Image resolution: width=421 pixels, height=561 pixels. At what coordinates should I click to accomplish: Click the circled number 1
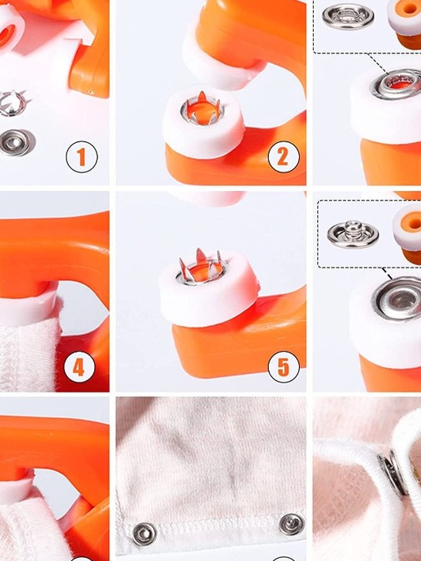coord(82,157)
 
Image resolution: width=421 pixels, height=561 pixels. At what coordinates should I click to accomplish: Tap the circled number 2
coord(283,156)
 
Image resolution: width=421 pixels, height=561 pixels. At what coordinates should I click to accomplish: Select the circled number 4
coord(79,367)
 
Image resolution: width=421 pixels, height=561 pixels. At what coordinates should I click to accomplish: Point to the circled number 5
coord(283,367)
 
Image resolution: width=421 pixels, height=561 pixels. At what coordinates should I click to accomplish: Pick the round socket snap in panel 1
coord(16,143)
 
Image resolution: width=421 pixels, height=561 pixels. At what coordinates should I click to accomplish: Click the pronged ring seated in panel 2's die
coord(202,109)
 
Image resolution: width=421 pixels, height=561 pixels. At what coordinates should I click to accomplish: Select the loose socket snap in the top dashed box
coord(348,16)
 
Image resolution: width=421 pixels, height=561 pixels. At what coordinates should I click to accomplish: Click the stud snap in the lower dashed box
coord(353,234)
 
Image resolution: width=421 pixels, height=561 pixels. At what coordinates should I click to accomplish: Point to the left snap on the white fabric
coord(144,534)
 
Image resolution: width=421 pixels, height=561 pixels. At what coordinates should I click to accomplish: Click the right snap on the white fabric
coord(292,524)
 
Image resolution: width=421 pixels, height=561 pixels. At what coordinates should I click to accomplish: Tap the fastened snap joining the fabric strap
coord(393,473)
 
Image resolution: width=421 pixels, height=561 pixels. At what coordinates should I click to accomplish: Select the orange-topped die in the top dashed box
coord(405,23)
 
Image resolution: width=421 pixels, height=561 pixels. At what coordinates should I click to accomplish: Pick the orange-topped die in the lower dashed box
coord(407,234)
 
